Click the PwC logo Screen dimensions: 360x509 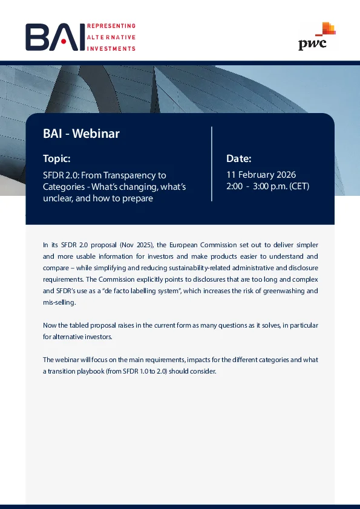point(317,36)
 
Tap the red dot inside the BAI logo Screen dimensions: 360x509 point(64,42)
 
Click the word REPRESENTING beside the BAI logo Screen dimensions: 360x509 point(111,26)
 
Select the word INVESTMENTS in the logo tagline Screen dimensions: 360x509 point(111,49)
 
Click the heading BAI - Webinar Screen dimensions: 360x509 point(81,134)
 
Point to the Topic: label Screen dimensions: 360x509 point(56,159)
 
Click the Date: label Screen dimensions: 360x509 point(239,159)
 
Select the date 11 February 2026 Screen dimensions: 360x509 point(261,175)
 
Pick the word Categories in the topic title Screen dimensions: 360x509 point(59,187)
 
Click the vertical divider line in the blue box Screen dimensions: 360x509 point(212,164)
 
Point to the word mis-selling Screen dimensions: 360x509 point(59,302)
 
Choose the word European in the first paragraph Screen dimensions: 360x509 point(183,245)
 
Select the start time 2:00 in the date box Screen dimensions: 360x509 point(234,186)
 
